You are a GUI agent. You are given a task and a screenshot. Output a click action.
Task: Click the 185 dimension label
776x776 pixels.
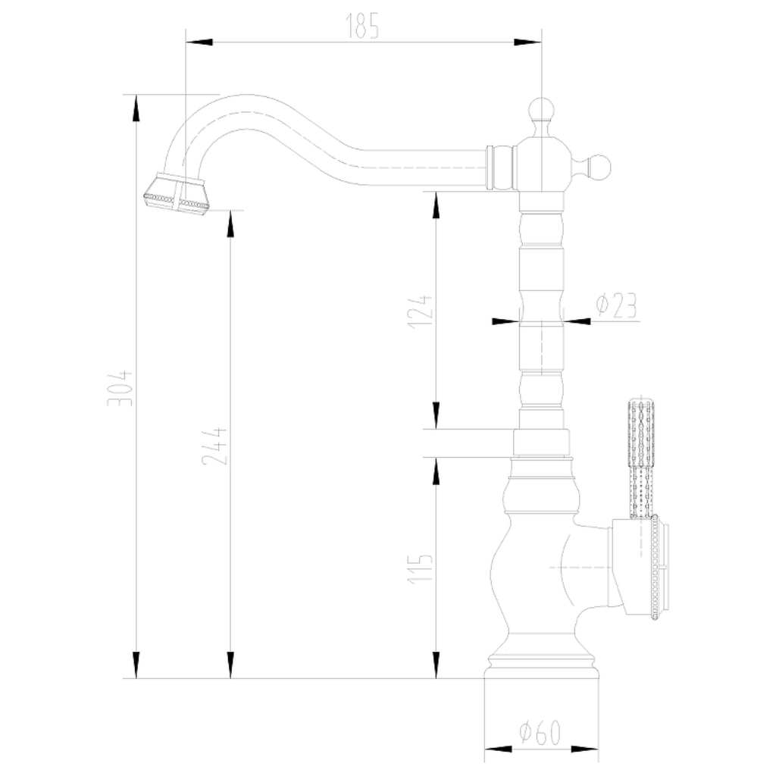362,26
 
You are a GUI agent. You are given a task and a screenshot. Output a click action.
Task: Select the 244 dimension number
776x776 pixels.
215,446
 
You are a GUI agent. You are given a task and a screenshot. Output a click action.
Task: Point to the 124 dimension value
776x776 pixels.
421,311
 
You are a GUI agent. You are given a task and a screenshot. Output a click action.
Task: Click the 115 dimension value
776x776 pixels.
421,568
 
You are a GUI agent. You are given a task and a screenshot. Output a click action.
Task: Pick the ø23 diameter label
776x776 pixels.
617,305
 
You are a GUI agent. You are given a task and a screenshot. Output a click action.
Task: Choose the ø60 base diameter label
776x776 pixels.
540,732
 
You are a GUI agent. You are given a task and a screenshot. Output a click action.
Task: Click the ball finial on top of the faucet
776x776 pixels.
542,109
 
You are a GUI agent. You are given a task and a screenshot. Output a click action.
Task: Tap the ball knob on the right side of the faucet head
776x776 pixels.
599,167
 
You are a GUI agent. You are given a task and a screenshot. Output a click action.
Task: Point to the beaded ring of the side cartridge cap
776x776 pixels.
656,567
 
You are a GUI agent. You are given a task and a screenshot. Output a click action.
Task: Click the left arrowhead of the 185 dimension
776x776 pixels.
199,42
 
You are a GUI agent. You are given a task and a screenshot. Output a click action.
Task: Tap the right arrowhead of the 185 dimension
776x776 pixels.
528,42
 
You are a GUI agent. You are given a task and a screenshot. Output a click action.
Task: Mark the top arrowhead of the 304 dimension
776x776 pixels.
136,108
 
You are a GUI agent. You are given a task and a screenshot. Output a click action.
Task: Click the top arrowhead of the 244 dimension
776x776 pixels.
230,224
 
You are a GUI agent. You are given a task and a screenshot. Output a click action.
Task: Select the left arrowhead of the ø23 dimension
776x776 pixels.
505,321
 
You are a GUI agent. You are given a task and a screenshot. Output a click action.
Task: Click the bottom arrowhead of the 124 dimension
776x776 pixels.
436,415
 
